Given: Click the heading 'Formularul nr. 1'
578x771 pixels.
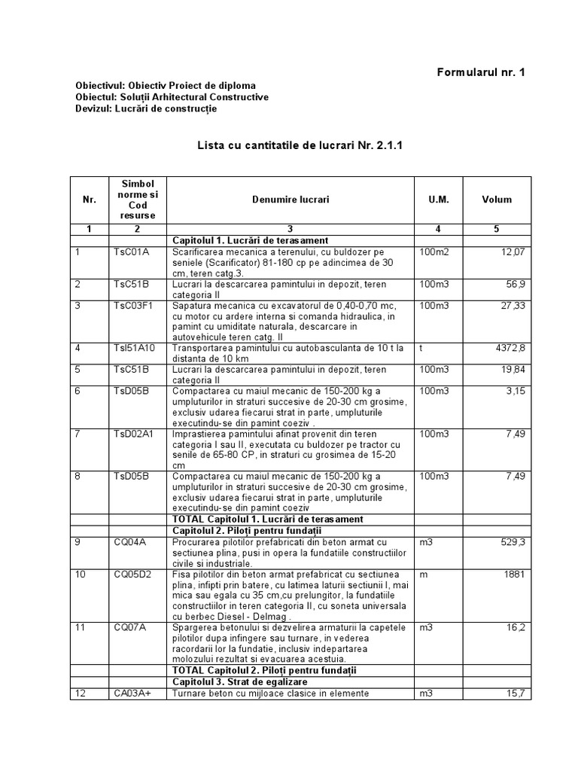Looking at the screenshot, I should pos(481,72).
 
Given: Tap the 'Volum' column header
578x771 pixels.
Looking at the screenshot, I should pos(497,200).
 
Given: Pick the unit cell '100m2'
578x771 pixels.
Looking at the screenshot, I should pos(433,251).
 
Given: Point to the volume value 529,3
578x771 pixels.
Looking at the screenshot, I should pos(510,541).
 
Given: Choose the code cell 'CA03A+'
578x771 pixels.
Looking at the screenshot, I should pos(132,693).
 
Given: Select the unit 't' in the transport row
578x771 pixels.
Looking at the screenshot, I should pos(421,348).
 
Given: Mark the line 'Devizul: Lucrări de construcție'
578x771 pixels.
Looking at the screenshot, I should pos(146,108).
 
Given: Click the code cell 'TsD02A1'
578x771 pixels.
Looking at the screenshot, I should pos(133,434).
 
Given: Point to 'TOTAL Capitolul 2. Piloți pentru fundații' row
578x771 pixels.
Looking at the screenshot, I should pos(263,669).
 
